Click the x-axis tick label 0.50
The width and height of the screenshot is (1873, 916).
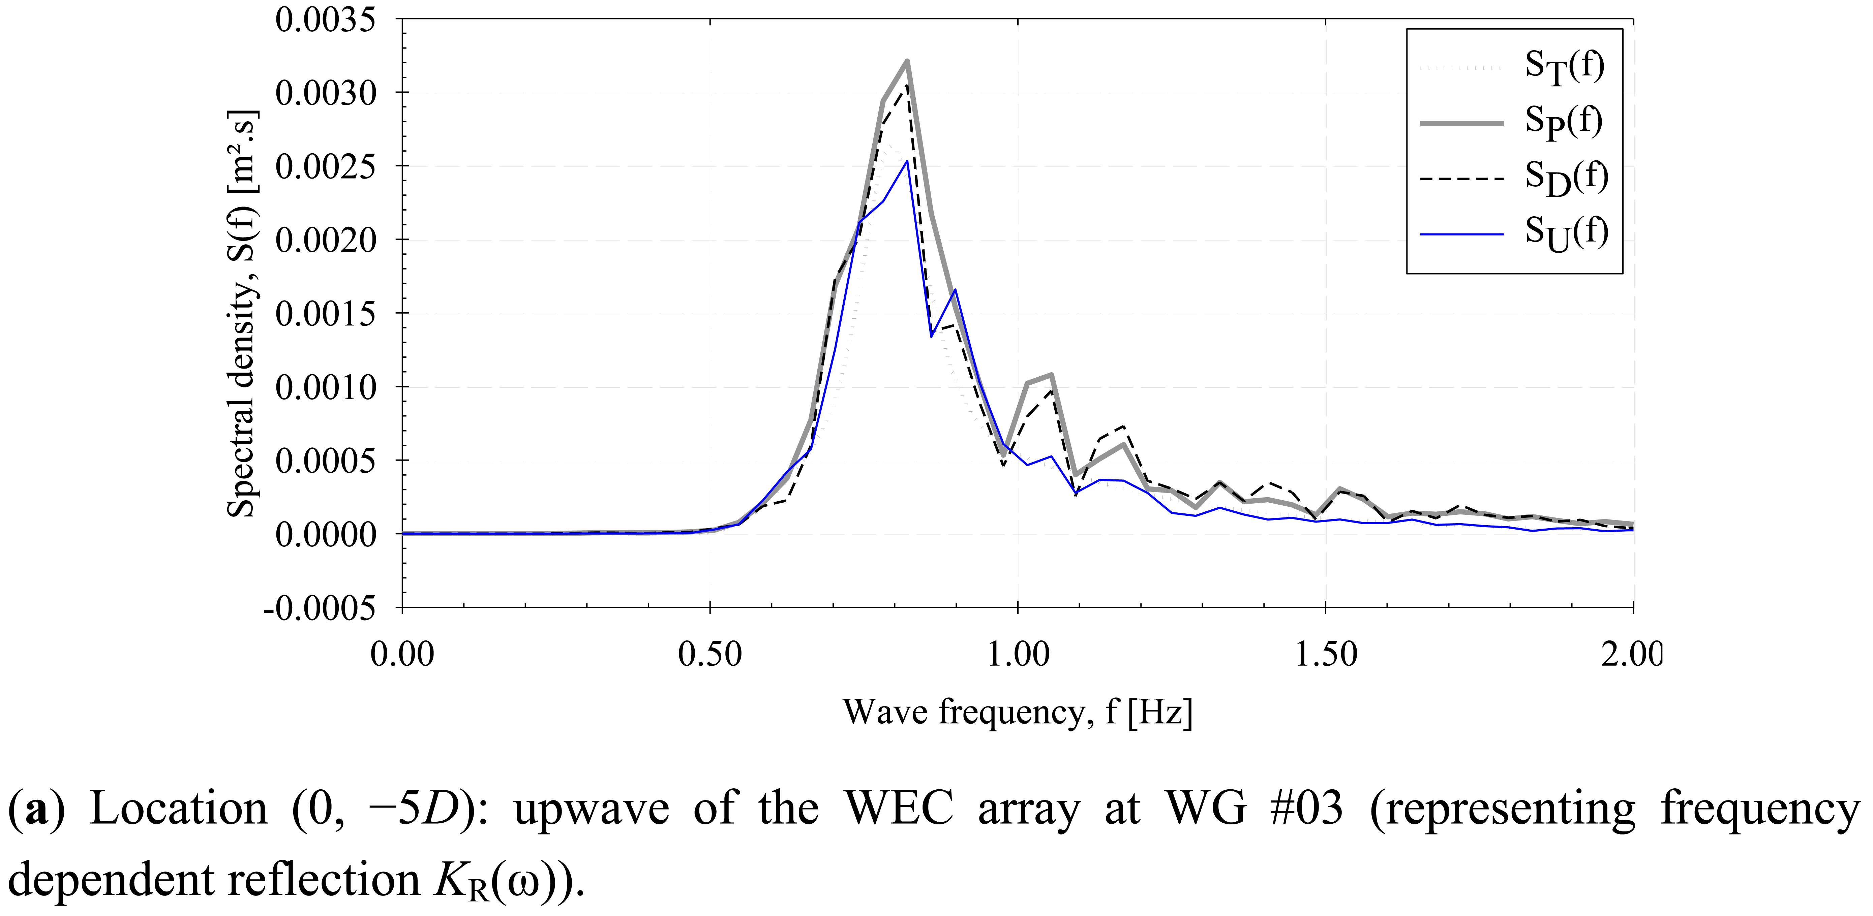pos(709,654)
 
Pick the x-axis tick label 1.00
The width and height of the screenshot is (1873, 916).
pos(1018,654)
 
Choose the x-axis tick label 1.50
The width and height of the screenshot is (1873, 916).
pos(1326,654)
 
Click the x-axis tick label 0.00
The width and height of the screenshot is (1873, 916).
pos(402,654)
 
